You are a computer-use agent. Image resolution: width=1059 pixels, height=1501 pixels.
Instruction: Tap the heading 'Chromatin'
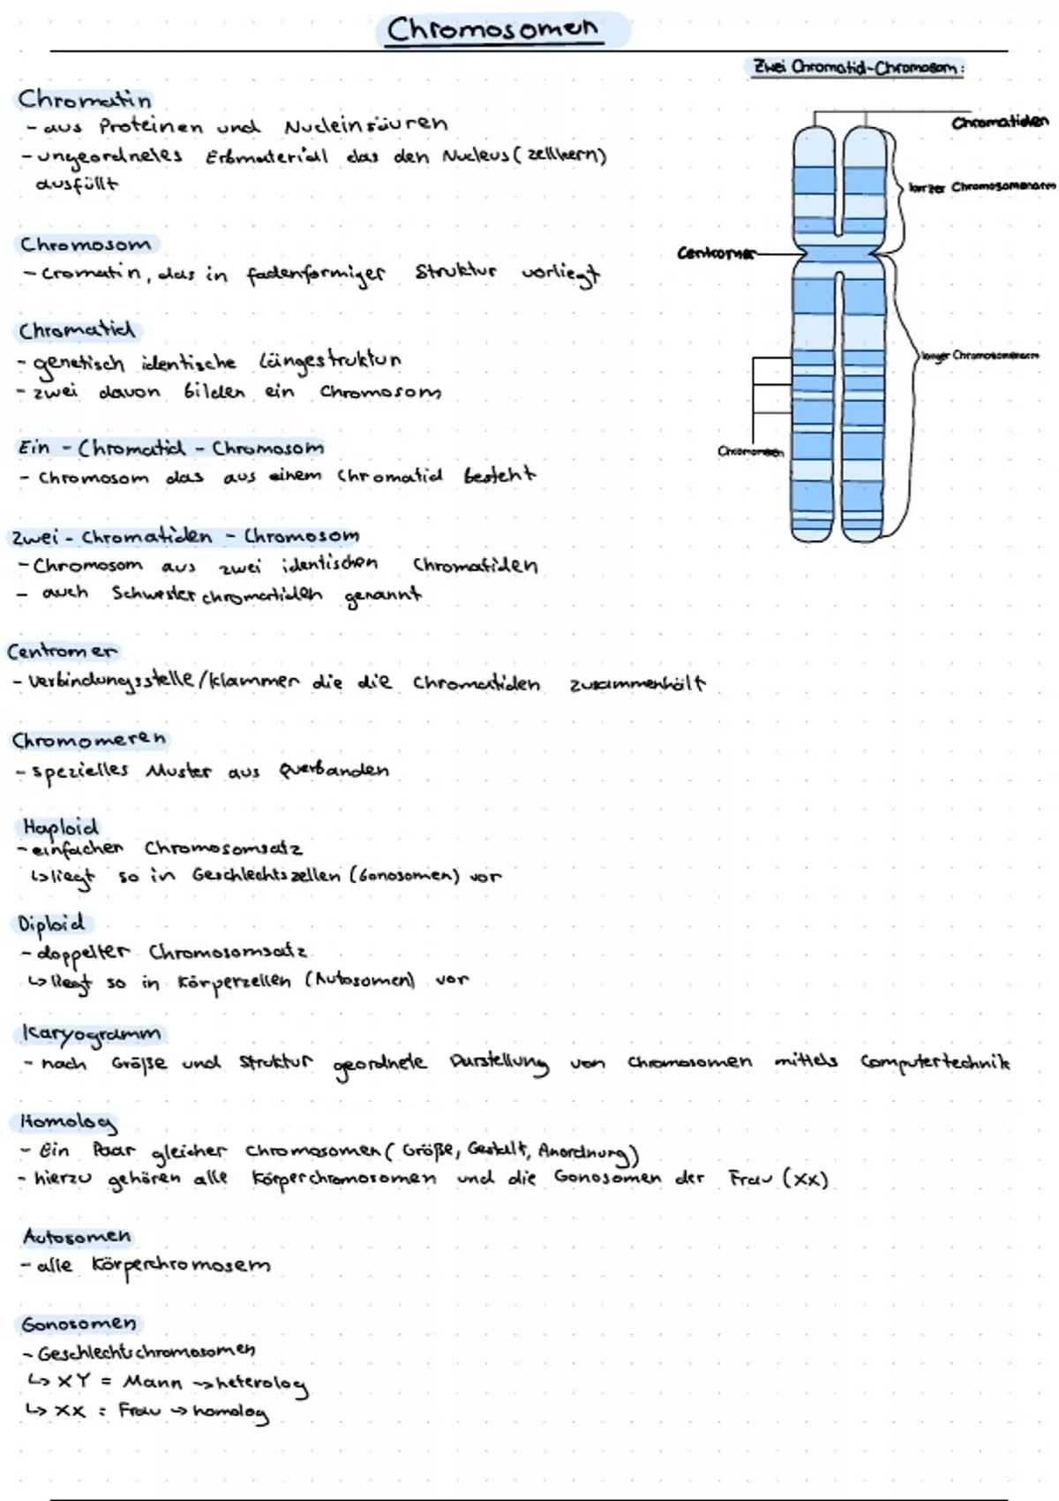pyautogui.click(x=85, y=99)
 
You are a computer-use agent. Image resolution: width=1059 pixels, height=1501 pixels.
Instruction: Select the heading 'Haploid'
pyautogui.click(x=59, y=827)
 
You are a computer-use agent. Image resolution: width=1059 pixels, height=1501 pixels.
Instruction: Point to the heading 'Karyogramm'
pyautogui.click(x=91, y=1033)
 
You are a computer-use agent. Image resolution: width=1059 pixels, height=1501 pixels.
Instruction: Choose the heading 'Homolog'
pyautogui.click(x=68, y=1121)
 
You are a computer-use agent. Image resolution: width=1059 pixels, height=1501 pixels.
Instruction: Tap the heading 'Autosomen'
pyautogui.click(x=77, y=1236)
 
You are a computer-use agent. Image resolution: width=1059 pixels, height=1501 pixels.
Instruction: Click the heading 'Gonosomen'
pyautogui.click(x=79, y=1324)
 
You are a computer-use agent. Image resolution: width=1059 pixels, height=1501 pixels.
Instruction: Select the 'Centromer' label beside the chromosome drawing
pyautogui.click(x=717, y=253)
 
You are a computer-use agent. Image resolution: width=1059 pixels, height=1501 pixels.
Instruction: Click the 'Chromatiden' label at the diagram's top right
pyautogui.click(x=1000, y=122)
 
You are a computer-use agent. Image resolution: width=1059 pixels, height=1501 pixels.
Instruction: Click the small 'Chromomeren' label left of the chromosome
pyautogui.click(x=750, y=452)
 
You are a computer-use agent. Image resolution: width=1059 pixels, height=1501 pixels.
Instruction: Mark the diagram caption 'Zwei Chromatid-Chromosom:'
pyautogui.click(x=857, y=68)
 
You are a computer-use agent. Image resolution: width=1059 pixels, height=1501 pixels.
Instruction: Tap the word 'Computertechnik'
pyautogui.click(x=935, y=1062)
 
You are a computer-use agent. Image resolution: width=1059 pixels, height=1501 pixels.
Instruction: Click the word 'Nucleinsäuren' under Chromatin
pyautogui.click(x=366, y=124)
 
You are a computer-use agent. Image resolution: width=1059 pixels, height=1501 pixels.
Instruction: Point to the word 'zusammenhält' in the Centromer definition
pyautogui.click(x=637, y=683)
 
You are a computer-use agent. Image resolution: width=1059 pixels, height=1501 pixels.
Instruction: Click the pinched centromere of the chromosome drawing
pyautogui.click(x=839, y=253)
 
